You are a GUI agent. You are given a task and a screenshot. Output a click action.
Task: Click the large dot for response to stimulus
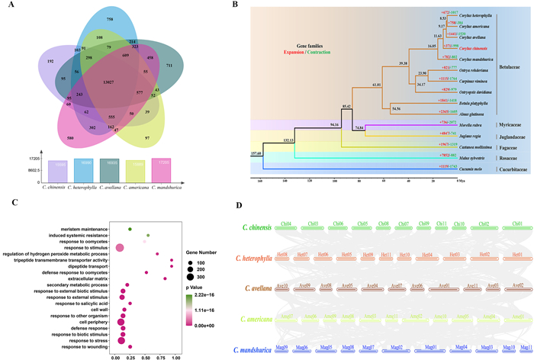(x=119, y=246)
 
